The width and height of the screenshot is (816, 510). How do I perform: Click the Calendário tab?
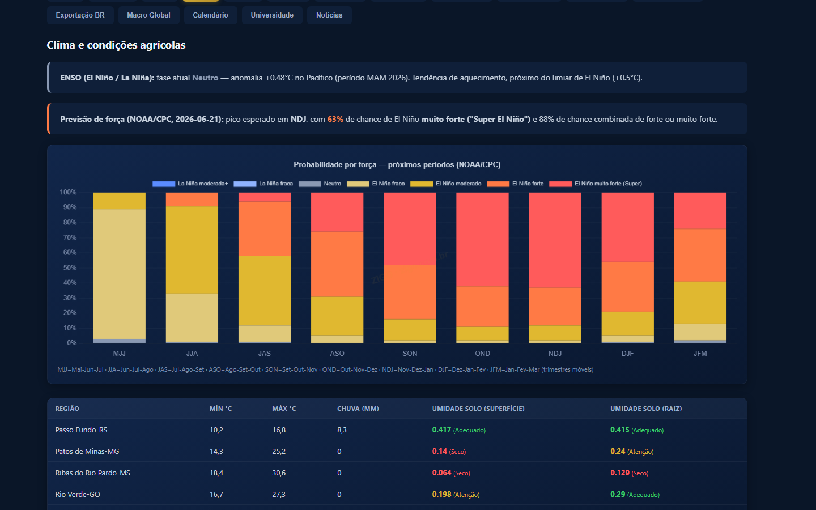point(211,15)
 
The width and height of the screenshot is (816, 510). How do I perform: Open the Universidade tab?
point(272,15)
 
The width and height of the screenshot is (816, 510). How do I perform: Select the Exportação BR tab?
point(80,15)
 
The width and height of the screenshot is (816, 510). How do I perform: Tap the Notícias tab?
point(329,15)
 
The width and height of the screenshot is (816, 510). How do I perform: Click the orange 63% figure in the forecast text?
point(335,119)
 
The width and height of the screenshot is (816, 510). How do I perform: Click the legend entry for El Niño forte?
point(515,184)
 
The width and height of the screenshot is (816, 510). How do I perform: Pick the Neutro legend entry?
point(320,184)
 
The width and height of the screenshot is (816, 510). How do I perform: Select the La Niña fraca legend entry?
point(263,184)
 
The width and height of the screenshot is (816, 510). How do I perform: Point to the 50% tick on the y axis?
point(70,267)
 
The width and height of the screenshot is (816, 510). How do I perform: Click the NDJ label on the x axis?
point(555,354)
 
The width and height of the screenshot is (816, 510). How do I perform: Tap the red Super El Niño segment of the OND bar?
point(482,239)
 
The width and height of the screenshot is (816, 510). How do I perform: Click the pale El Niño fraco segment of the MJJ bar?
point(120,274)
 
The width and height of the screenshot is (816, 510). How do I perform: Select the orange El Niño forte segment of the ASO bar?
point(337,264)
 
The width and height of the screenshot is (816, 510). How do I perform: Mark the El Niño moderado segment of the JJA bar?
point(192,250)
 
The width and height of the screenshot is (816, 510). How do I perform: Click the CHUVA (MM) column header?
point(358,409)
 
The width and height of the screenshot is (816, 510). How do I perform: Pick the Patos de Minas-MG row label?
point(87,451)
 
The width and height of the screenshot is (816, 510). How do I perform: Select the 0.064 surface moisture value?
point(441,473)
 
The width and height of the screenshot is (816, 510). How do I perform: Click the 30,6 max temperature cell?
point(279,473)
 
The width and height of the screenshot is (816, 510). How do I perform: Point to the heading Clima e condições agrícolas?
point(116,45)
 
